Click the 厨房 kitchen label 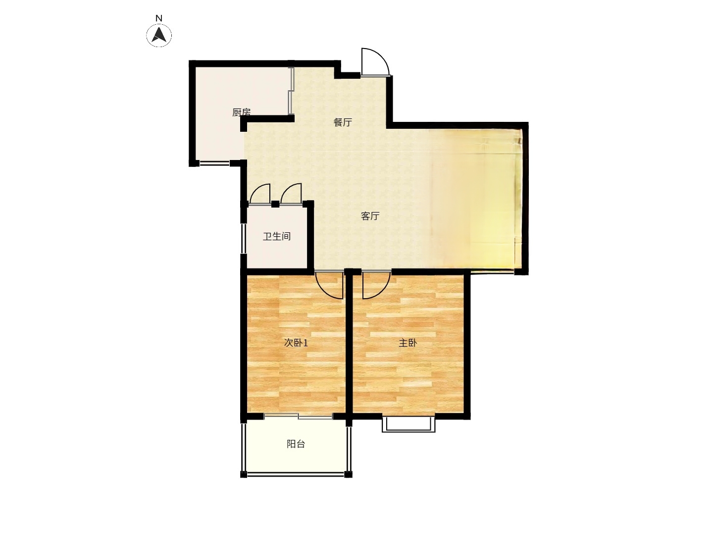point(241,112)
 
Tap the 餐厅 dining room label point(343,122)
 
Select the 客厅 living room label point(370,216)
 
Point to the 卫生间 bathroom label point(277,236)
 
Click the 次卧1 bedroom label point(296,343)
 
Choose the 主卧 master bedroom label point(408,343)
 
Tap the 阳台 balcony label point(296,444)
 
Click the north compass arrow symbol point(159,35)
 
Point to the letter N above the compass point(159,18)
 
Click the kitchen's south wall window point(214,163)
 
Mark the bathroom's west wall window point(243,238)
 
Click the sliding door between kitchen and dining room point(291,91)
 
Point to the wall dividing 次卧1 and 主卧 point(349,345)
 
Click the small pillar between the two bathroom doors point(275,204)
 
